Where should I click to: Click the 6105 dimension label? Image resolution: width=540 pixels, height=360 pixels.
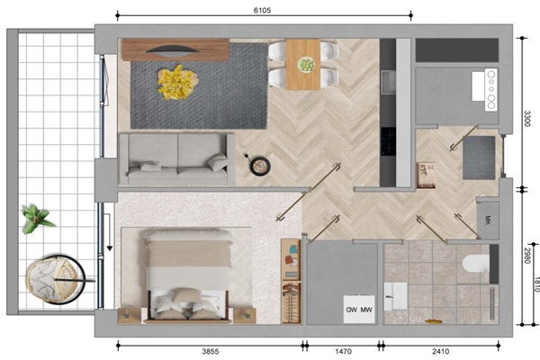pos(262,10)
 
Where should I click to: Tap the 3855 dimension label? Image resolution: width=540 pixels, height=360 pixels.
pos(210,351)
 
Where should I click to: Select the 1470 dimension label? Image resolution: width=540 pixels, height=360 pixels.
pos(344,351)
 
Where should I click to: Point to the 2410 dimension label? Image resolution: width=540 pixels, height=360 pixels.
pos(440,351)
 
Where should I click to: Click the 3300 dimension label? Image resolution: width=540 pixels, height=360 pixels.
pos(526,118)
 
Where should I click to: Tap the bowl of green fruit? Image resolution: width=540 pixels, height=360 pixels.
pos(306,65)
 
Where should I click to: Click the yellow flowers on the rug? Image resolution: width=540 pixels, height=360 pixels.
pos(177,82)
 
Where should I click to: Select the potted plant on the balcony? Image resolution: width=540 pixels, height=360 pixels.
pos(37,218)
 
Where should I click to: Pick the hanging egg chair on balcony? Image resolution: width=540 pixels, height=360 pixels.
pos(56,279)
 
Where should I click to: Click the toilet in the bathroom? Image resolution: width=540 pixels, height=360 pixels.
pos(476,264)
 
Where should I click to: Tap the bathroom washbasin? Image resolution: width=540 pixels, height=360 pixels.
pos(395,296)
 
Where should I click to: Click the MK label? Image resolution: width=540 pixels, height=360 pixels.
pos(487,220)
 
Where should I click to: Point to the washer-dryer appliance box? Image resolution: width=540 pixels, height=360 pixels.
pos(359,309)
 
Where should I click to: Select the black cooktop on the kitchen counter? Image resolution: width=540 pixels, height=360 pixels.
pos(388,141)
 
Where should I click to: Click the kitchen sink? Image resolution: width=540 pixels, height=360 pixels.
pos(388,82)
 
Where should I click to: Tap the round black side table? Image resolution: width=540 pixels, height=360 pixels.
pos(259,166)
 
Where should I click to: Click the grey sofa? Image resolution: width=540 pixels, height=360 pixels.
pos(177,159)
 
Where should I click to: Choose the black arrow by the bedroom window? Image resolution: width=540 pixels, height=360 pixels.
pos(109,232)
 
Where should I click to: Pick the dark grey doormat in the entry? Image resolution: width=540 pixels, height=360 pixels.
pos(479,157)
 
